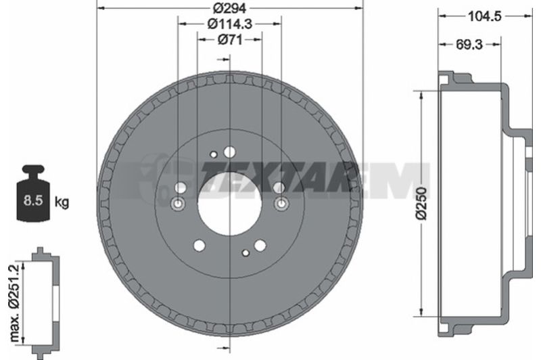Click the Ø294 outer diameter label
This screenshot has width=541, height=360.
231,7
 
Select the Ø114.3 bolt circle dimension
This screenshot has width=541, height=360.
230,24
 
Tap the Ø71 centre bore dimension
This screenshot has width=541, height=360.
230,40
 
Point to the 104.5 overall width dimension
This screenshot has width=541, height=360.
484,16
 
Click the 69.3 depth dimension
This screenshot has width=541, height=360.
469,44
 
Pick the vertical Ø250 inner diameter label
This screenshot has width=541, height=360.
421,203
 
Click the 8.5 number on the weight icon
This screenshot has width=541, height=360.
32,200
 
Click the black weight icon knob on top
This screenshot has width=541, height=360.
33,170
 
